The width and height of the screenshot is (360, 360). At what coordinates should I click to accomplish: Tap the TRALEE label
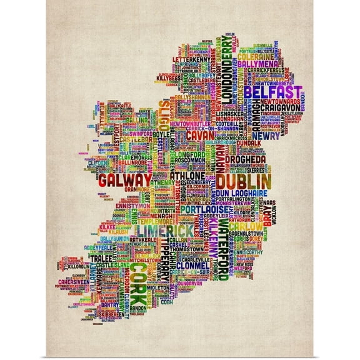coord(101,258)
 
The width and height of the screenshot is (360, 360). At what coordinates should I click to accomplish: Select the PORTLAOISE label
coord(199,211)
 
